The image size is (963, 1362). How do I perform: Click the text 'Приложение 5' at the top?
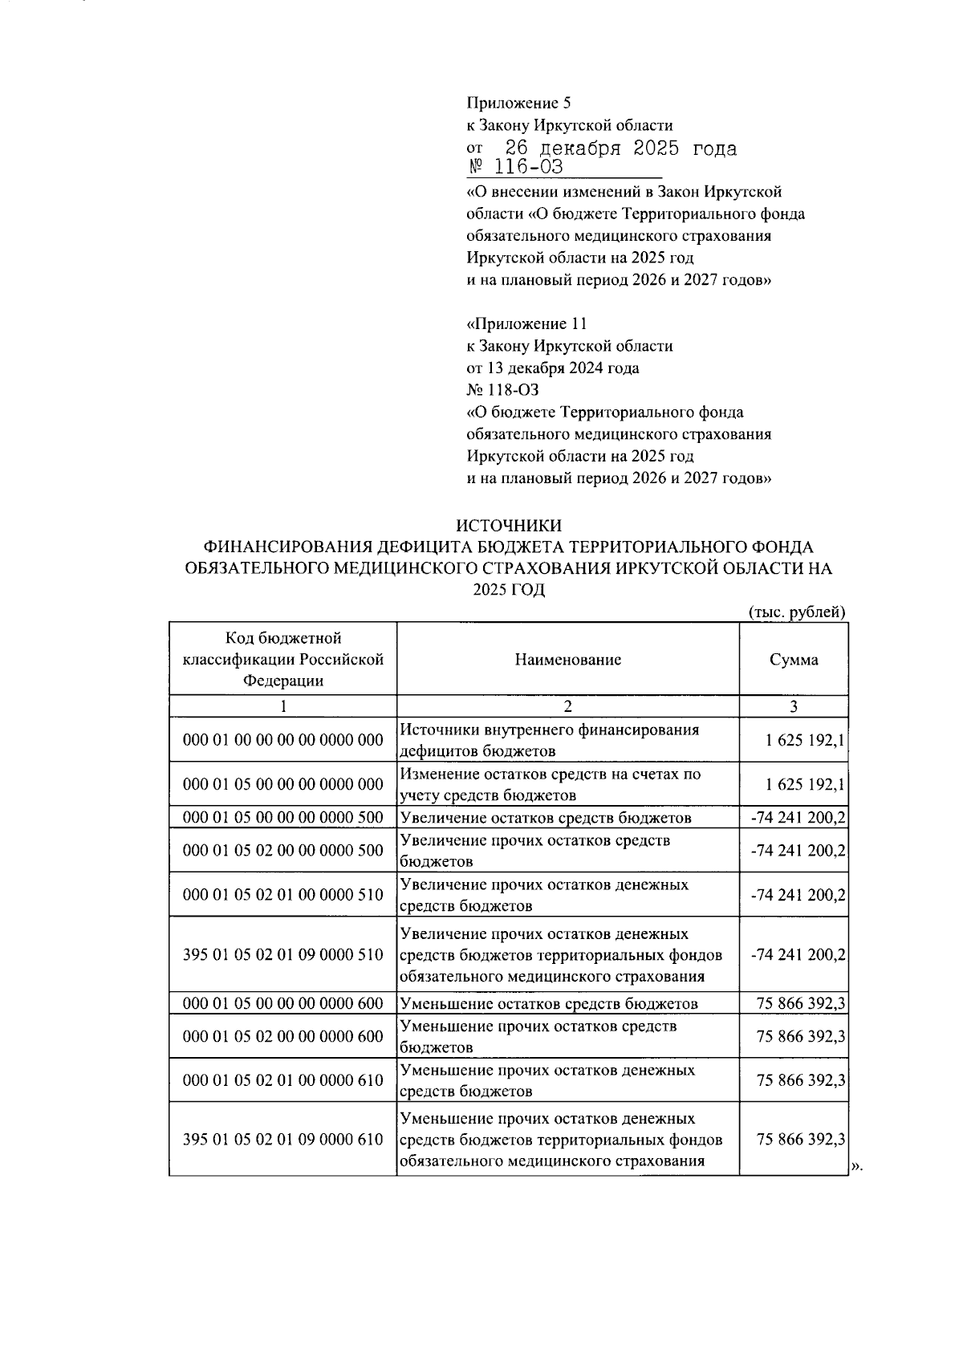(518, 103)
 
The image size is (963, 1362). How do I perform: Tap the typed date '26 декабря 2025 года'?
(620, 148)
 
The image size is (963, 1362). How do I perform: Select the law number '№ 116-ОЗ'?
(516, 167)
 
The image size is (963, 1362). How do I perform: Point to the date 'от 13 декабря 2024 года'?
(553, 368)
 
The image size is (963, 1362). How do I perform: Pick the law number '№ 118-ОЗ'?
(503, 390)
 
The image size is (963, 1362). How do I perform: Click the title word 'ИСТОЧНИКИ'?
(508, 526)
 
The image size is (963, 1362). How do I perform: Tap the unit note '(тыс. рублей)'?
(797, 612)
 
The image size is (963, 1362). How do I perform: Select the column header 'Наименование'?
(567, 660)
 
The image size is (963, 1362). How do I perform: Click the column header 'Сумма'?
(793, 660)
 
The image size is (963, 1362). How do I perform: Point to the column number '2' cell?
(567, 706)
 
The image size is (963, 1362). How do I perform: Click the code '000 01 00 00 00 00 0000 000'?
(283, 740)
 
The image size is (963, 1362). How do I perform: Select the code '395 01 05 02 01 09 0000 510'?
(283, 955)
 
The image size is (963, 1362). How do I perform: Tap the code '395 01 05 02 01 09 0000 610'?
(283, 1140)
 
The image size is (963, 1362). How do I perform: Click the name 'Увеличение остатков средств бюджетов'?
(545, 818)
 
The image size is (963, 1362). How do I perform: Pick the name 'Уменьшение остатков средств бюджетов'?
(548, 1003)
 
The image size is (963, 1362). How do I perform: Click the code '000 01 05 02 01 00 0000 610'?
(283, 1080)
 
